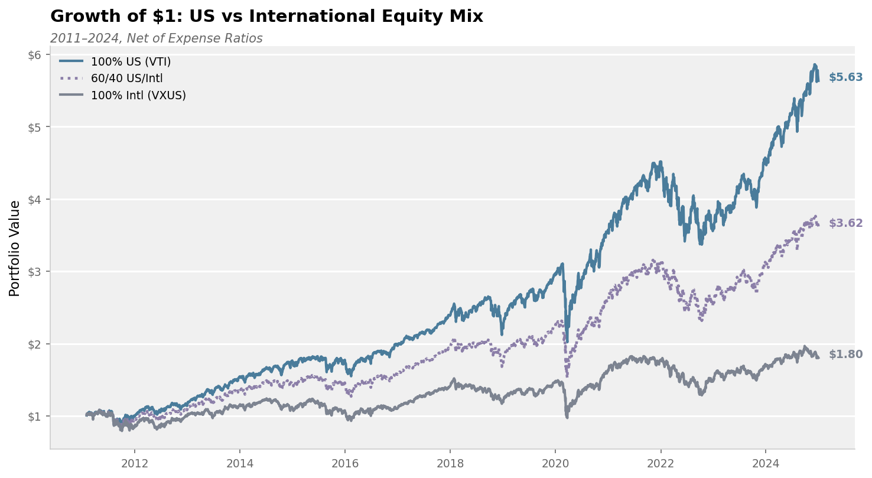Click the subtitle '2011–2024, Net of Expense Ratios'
[157, 38]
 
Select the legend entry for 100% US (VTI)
[131, 61]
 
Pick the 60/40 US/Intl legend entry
[126, 78]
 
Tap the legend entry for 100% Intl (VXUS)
[138, 95]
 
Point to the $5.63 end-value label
[845, 77]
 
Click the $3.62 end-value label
[845, 223]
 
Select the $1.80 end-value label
[845, 355]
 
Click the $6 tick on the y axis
[35, 55]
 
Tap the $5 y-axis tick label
[35, 127]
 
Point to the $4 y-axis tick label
[35, 200]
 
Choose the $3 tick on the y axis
[35, 272]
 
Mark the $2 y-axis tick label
[35, 344]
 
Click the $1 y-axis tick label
[35, 417]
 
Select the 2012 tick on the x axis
[134, 463]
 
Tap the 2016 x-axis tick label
[344, 463]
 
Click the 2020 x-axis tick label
[555, 463]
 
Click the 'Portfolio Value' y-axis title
[15, 248]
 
